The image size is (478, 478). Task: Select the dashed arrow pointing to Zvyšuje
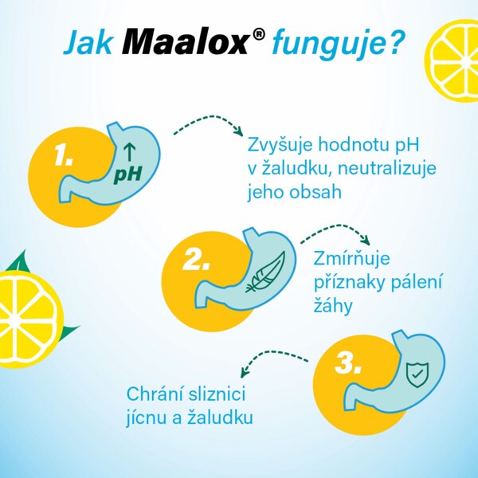pyautogui.click(x=208, y=125)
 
